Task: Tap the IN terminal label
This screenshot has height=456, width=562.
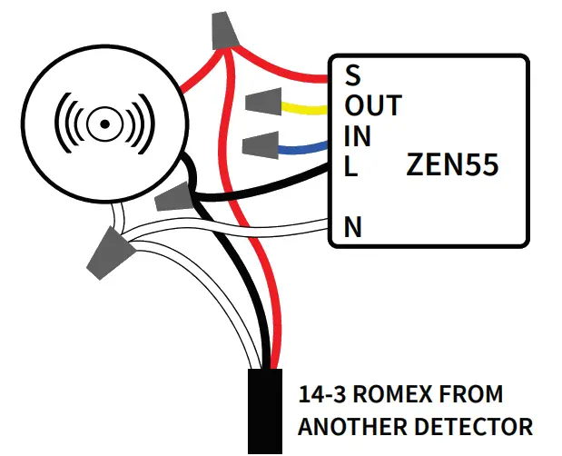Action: tap(358, 137)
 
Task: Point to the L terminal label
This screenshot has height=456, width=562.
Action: tap(350, 167)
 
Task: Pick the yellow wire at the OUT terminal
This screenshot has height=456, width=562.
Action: tap(303, 109)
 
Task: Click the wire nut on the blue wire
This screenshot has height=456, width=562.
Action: tap(261, 144)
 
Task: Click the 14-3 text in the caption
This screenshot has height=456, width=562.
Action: tap(322, 396)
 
